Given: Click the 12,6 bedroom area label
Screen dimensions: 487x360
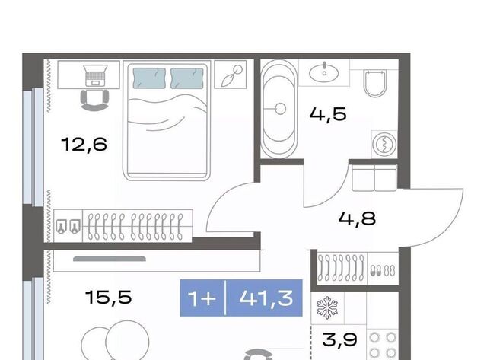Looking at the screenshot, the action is (84, 145).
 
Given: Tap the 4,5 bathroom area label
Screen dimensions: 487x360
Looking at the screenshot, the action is (328, 114).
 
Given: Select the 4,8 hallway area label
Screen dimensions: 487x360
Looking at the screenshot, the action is (357, 218).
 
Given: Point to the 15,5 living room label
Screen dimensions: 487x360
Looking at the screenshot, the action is (109, 297).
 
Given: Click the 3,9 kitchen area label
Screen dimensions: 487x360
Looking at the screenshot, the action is (340, 339).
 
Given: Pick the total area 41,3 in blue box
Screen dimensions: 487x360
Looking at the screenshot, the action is (266, 298).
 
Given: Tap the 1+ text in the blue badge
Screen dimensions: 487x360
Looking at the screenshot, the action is (202, 298).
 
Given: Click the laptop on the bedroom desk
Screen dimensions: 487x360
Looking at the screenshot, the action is (96, 75).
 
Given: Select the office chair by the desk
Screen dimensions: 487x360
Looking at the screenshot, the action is (94, 100).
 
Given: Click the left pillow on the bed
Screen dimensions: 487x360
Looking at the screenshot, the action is (149, 78).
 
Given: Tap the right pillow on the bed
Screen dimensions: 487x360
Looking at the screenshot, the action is (187, 78).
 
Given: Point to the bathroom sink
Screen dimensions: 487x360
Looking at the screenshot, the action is (324, 72).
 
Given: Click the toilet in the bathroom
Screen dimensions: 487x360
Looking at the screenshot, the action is (375, 84).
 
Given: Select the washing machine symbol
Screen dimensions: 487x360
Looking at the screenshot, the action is (384, 144).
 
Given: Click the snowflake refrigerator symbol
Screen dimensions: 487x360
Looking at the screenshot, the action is (327, 307).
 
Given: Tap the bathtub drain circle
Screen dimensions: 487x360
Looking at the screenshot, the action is (281, 109).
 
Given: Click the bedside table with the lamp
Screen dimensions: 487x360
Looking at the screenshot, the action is (231, 75).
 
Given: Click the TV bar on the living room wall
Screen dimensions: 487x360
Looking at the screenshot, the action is (110, 259).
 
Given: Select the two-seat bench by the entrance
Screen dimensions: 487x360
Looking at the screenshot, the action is (374, 177).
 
